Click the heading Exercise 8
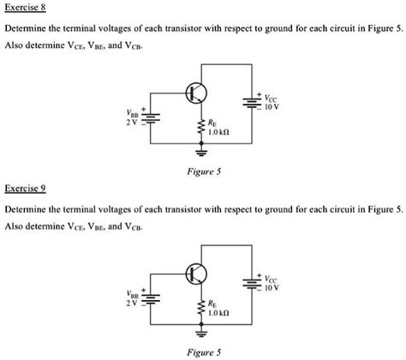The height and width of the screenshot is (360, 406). click(x=26, y=9)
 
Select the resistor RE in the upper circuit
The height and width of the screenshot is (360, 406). click(x=202, y=129)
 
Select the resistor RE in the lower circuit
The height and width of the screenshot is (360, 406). click(x=202, y=308)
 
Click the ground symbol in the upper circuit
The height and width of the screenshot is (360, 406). click(x=202, y=154)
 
